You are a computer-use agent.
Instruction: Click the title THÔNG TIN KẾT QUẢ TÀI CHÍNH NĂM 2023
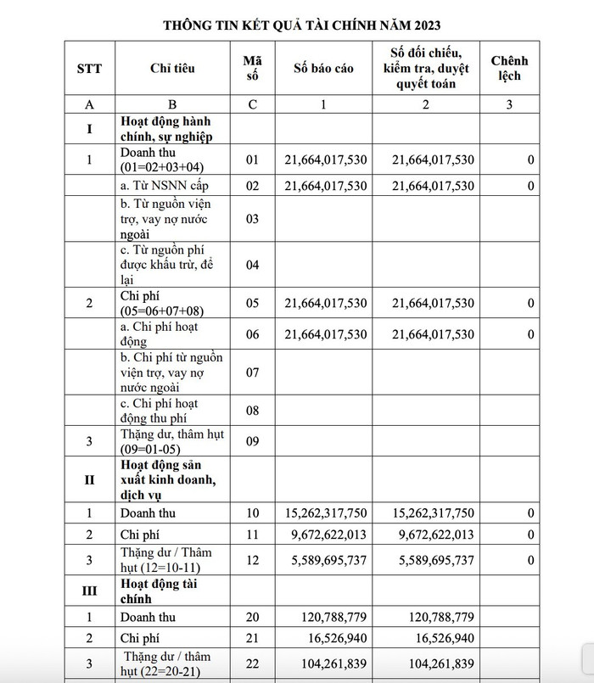point(296,24)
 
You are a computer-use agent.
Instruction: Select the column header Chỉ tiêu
point(172,68)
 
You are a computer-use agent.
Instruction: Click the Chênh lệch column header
point(509,68)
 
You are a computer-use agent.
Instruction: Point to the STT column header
point(89,68)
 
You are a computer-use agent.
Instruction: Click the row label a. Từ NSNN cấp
point(164,185)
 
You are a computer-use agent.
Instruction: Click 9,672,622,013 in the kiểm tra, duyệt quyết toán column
point(434,535)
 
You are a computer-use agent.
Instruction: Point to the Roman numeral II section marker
point(89,479)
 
